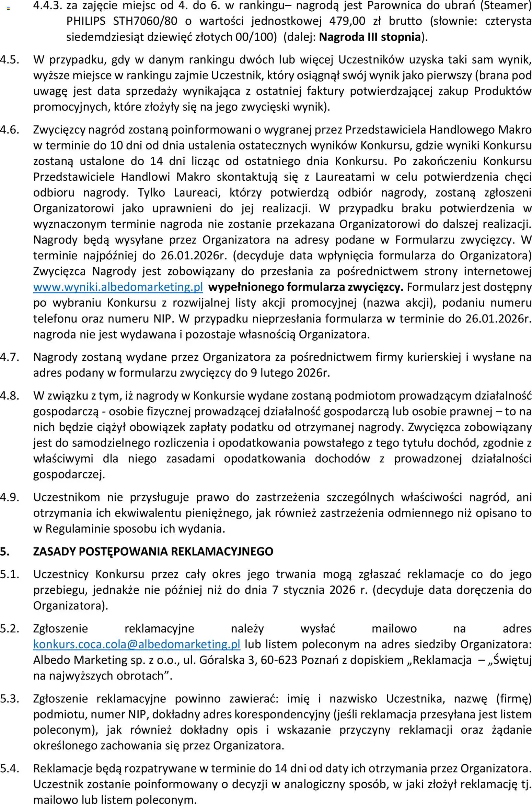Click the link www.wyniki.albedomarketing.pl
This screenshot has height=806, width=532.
(x=118, y=287)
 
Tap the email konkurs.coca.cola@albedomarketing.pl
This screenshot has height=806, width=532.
(x=137, y=644)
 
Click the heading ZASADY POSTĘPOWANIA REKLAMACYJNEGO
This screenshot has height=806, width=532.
(x=153, y=552)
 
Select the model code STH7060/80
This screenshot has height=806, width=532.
(x=145, y=21)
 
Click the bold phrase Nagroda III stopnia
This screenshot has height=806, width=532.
(x=370, y=37)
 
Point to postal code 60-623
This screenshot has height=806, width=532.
(x=279, y=660)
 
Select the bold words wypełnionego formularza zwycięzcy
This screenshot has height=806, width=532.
(x=306, y=287)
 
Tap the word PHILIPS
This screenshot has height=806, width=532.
(x=86, y=21)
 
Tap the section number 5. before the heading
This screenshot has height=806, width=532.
(x=4, y=552)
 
